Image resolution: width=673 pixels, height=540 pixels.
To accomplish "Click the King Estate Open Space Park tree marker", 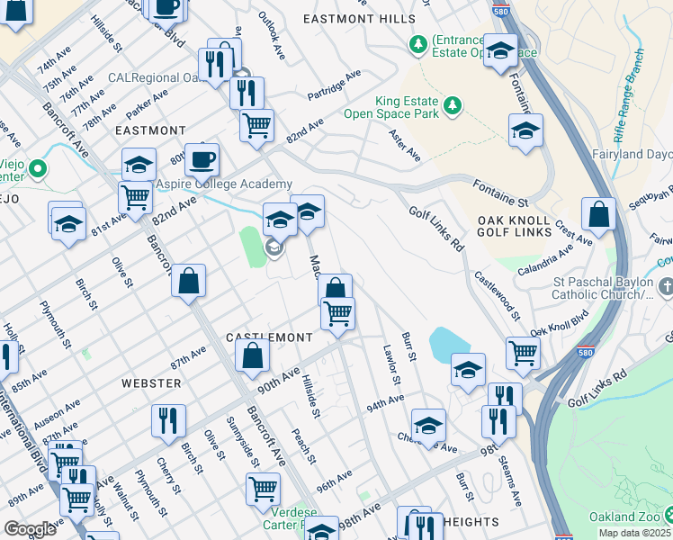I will [x=453, y=107].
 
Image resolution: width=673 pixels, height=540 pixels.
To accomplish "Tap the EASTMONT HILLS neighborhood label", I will [x=359, y=19].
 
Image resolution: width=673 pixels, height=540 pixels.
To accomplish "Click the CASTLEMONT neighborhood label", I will [x=268, y=337].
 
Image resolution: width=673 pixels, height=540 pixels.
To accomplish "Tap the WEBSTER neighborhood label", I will [x=151, y=382].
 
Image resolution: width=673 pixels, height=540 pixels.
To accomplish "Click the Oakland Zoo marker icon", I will [x=667, y=516].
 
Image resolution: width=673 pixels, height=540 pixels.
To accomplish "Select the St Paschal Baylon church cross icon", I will [x=665, y=286].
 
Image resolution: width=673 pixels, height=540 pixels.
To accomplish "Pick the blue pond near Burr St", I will [x=447, y=343].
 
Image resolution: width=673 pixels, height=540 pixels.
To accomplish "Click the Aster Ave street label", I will [x=403, y=144].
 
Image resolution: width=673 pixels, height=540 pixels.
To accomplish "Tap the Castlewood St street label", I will [x=497, y=296].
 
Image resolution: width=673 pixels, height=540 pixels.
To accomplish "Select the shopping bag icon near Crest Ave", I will [x=598, y=214].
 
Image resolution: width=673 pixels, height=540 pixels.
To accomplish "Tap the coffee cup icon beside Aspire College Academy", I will [x=202, y=159].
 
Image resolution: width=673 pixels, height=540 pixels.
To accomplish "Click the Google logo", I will [x=30, y=529].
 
